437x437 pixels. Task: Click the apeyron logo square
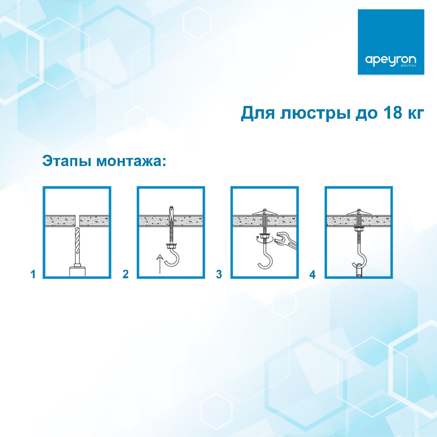pyautogui.click(x=391, y=42)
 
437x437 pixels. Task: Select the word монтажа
pyautogui.click(x=131, y=161)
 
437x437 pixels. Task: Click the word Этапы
pyautogui.click(x=67, y=161)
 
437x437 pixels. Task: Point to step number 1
pyautogui.click(x=33, y=274)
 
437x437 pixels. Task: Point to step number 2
pyautogui.click(x=126, y=274)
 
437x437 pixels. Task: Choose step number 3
pyautogui.click(x=219, y=274)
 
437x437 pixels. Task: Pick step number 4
pyautogui.click(x=312, y=274)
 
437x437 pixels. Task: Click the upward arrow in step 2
pyautogui.click(x=159, y=263)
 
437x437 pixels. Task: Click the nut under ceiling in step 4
pyautogui.click(x=359, y=229)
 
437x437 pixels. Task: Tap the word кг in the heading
pyautogui.click(x=414, y=113)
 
